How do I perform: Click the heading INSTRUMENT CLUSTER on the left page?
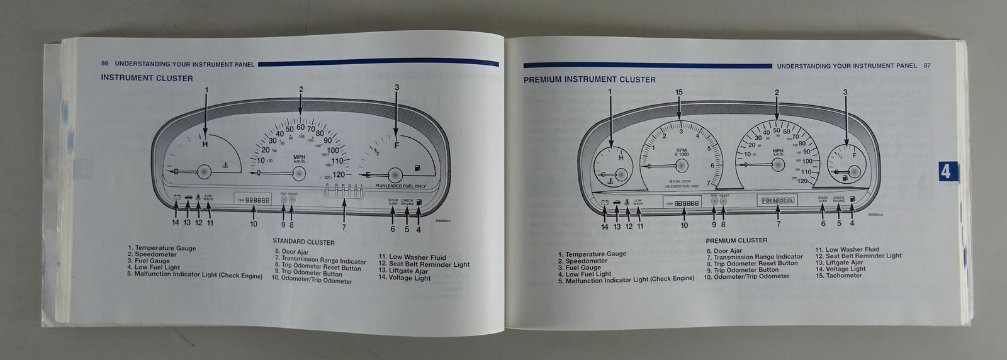147,78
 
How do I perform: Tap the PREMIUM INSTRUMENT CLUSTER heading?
589,80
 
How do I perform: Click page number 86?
104,64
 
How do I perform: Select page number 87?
927,65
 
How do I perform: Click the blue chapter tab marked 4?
945,171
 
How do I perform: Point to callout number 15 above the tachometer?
678,93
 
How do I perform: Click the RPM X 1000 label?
682,152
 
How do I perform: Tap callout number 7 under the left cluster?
344,227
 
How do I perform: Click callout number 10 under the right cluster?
684,225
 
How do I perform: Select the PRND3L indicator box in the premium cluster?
778,201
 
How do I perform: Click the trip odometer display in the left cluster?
254,200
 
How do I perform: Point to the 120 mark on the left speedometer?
339,174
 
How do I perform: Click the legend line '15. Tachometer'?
838,276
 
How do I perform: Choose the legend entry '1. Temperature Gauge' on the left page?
162,248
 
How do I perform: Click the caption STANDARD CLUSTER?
303,242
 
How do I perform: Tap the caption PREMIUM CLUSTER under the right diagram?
736,240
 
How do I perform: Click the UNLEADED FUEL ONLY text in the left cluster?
402,186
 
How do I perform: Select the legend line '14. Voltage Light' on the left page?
404,278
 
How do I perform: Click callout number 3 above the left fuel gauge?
397,88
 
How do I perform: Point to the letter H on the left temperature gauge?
205,144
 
